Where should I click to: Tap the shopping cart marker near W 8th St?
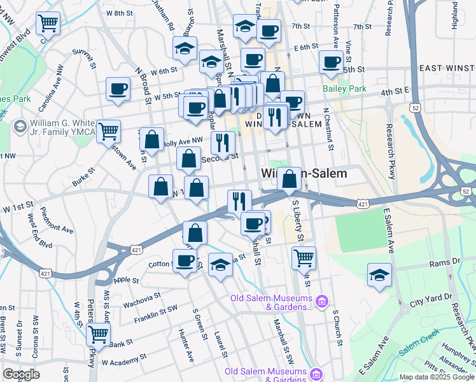(48, 24)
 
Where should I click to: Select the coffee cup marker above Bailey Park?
(331, 62)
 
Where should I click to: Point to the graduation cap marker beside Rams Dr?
(379, 276)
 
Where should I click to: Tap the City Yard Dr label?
(431, 297)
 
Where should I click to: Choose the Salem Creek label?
(419, 342)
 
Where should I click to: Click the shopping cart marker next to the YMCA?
(109, 132)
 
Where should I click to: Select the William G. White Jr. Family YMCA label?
(60, 127)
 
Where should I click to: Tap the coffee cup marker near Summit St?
(117, 90)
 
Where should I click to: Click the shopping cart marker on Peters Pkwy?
(98, 333)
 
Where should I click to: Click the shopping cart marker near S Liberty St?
(304, 258)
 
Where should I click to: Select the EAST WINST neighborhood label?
(446, 68)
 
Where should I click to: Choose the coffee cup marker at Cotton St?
(185, 260)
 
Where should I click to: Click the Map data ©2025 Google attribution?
(437, 377)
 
